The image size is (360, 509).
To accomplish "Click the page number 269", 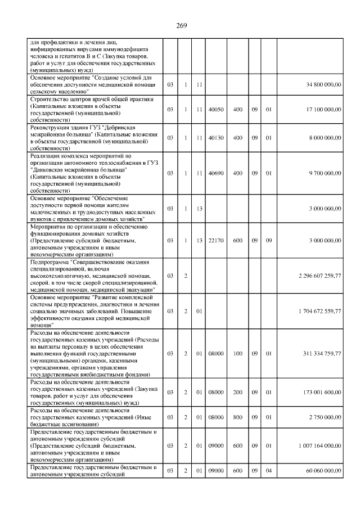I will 181,25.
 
